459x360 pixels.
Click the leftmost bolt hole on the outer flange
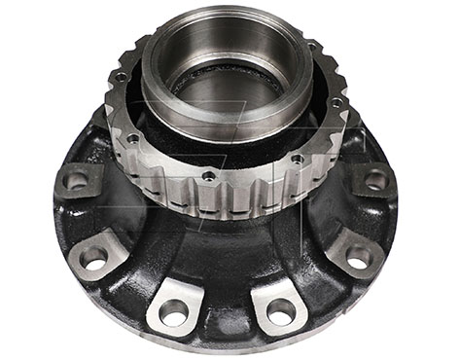(76, 179)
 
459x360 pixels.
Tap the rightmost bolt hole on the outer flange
(375, 179)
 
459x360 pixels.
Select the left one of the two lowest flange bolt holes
(174, 312)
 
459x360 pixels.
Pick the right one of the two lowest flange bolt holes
(280, 311)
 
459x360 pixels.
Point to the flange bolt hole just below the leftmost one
(94, 258)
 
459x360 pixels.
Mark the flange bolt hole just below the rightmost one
(358, 257)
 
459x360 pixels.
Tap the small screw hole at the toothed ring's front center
(208, 176)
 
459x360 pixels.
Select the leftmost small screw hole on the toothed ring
(121, 76)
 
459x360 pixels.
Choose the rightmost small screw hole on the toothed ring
(335, 103)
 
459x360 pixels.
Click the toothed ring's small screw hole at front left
(132, 139)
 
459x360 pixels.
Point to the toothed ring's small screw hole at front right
(297, 159)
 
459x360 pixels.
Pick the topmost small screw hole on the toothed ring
(313, 46)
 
